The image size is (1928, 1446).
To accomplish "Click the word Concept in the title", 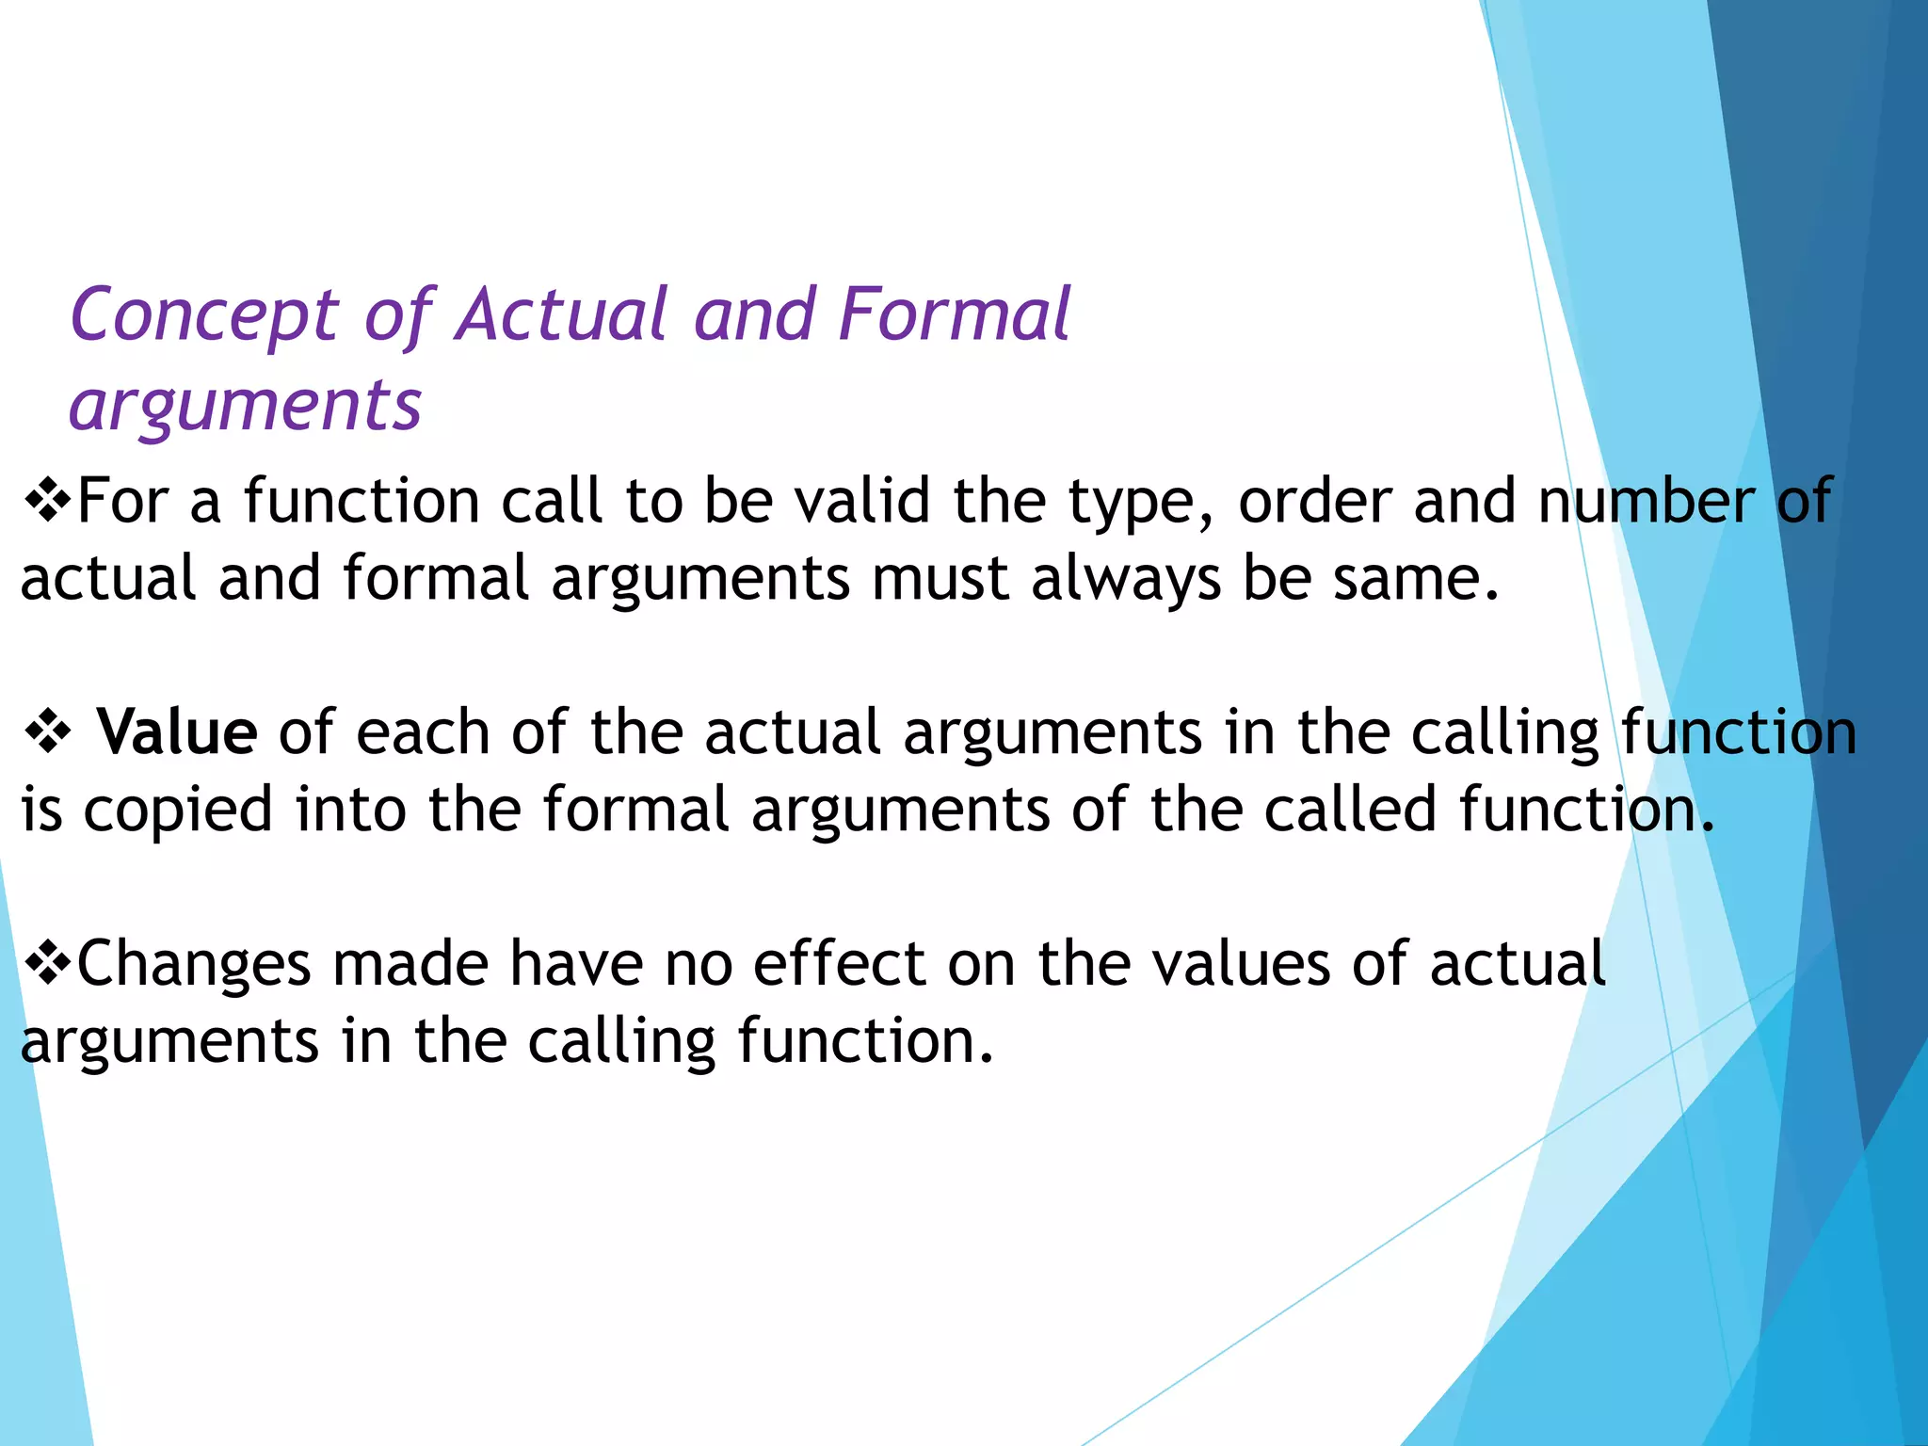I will pyautogui.click(x=203, y=316).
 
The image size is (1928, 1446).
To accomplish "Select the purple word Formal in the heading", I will pyautogui.click(x=954, y=314).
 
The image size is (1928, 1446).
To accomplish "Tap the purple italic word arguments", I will pyautogui.click(x=245, y=407).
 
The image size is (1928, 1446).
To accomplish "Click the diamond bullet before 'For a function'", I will pyautogui.click(x=46, y=501).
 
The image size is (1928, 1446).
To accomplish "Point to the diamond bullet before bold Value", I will pyautogui.click(x=48, y=732).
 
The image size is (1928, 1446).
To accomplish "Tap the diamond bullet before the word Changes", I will pyautogui.click(x=46, y=964).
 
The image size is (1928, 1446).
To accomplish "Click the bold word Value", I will pyautogui.click(x=177, y=732).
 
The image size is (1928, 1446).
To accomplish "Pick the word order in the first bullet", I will pyautogui.click(x=1314, y=501).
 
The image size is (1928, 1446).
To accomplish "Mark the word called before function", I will pyautogui.click(x=1349, y=810).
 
